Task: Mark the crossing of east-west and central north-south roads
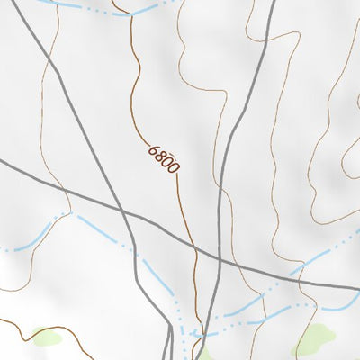220,258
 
